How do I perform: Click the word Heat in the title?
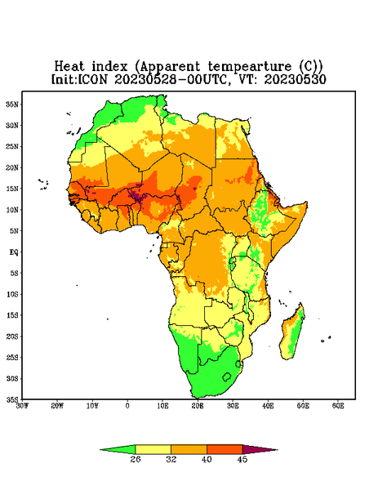(69, 67)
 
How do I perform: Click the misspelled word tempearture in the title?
(250, 68)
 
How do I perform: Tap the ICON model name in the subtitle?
(92, 79)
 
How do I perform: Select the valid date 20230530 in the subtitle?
(296, 79)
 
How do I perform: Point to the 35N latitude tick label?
(12, 104)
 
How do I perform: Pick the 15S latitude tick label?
(12, 315)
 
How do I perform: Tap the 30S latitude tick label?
(12, 378)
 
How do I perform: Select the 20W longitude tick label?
(57, 406)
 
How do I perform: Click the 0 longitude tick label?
(127, 406)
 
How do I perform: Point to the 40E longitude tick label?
(268, 406)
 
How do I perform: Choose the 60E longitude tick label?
(338, 406)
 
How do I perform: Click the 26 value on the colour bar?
(136, 459)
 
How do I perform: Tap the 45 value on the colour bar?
(242, 459)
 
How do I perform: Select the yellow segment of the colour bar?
(153, 450)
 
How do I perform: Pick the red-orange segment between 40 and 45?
(225, 450)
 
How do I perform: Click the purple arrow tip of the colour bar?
(277, 450)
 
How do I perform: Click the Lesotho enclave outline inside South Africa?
(227, 376)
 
